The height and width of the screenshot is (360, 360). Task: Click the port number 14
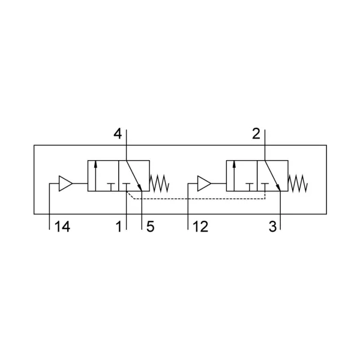[62, 227]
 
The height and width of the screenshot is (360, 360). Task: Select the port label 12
[200, 227]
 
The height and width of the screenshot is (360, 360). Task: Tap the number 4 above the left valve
[118, 134]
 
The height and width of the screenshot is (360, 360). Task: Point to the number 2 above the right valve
[256, 134]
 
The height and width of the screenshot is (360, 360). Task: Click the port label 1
[119, 227]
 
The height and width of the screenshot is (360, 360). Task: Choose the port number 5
[150, 227]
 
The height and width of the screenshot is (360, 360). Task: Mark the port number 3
[273, 227]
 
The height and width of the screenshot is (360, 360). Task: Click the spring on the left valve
[160, 184]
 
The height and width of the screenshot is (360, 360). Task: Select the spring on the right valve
[298, 184]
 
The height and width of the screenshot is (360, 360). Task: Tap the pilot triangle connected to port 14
[65, 184]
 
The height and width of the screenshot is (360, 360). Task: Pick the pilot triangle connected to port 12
[204, 184]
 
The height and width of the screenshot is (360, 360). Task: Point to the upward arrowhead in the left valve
[95, 163]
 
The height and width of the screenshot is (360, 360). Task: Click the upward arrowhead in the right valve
[234, 163]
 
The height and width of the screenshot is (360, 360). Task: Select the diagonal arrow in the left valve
[134, 176]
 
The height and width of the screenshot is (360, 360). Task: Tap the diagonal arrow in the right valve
[272, 176]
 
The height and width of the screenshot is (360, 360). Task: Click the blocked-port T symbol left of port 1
[111, 187]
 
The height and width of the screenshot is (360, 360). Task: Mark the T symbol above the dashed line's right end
[265, 187]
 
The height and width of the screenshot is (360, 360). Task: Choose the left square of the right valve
[242, 176]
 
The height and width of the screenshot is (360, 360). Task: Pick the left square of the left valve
[103, 176]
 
